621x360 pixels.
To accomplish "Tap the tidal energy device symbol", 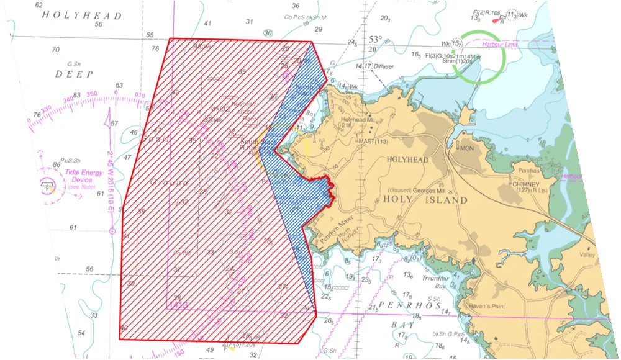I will (x=47, y=184).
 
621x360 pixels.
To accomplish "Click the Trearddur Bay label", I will (x=442, y=282).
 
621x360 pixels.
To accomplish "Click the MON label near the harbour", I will (x=466, y=149).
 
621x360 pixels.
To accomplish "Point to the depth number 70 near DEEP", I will (x=56, y=50).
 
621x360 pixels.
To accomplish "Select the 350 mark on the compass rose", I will (x=92, y=94).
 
